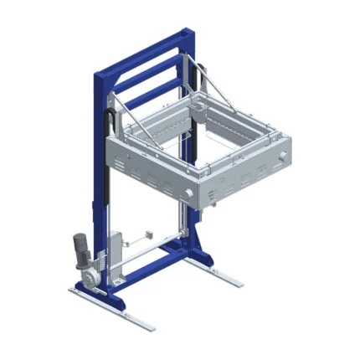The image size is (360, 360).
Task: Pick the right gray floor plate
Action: [x=213, y=270]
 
